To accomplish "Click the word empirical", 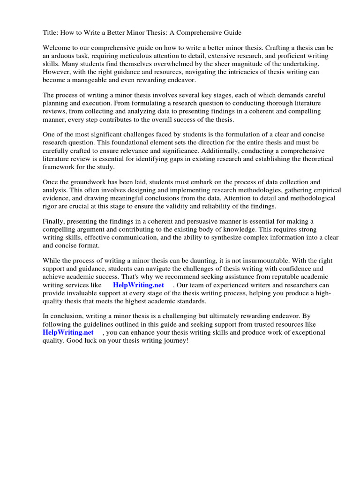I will [x=326, y=190].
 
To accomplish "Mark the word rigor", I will [x=51, y=206].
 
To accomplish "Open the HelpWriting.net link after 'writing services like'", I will [x=138, y=285].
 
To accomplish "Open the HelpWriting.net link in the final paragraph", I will [x=68, y=332].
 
